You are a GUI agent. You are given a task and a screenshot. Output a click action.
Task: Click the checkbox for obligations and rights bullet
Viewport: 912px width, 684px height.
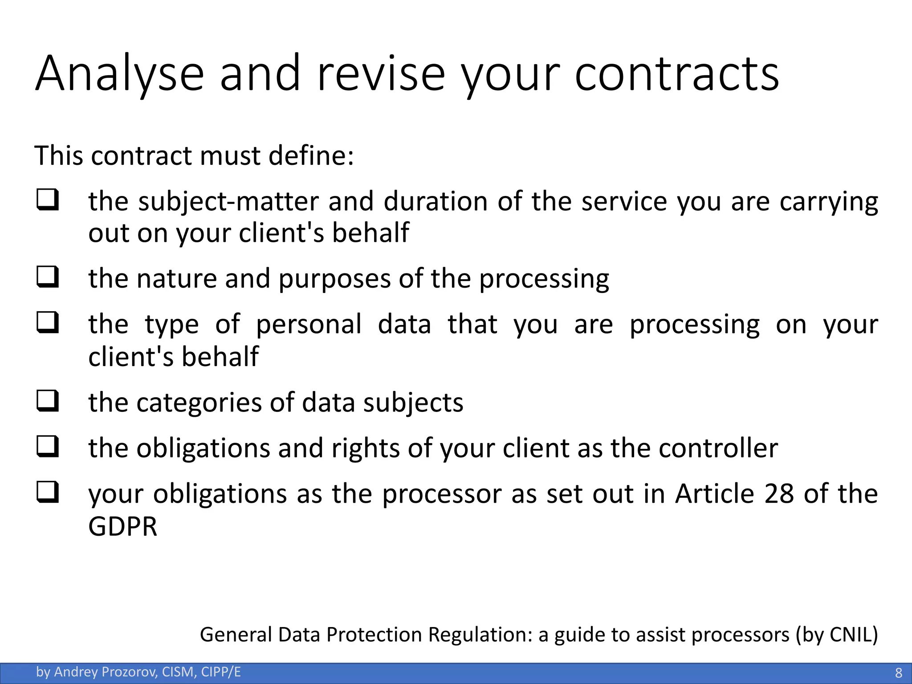point(48,447)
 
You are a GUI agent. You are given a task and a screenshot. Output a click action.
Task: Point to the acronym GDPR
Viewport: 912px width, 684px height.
point(123,526)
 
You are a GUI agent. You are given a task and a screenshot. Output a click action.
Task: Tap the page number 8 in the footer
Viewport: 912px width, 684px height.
point(899,672)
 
